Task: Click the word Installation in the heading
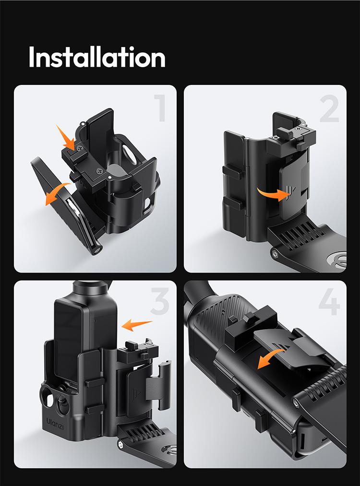(x=96, y=58)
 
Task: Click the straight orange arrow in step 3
(x=137, y=324)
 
